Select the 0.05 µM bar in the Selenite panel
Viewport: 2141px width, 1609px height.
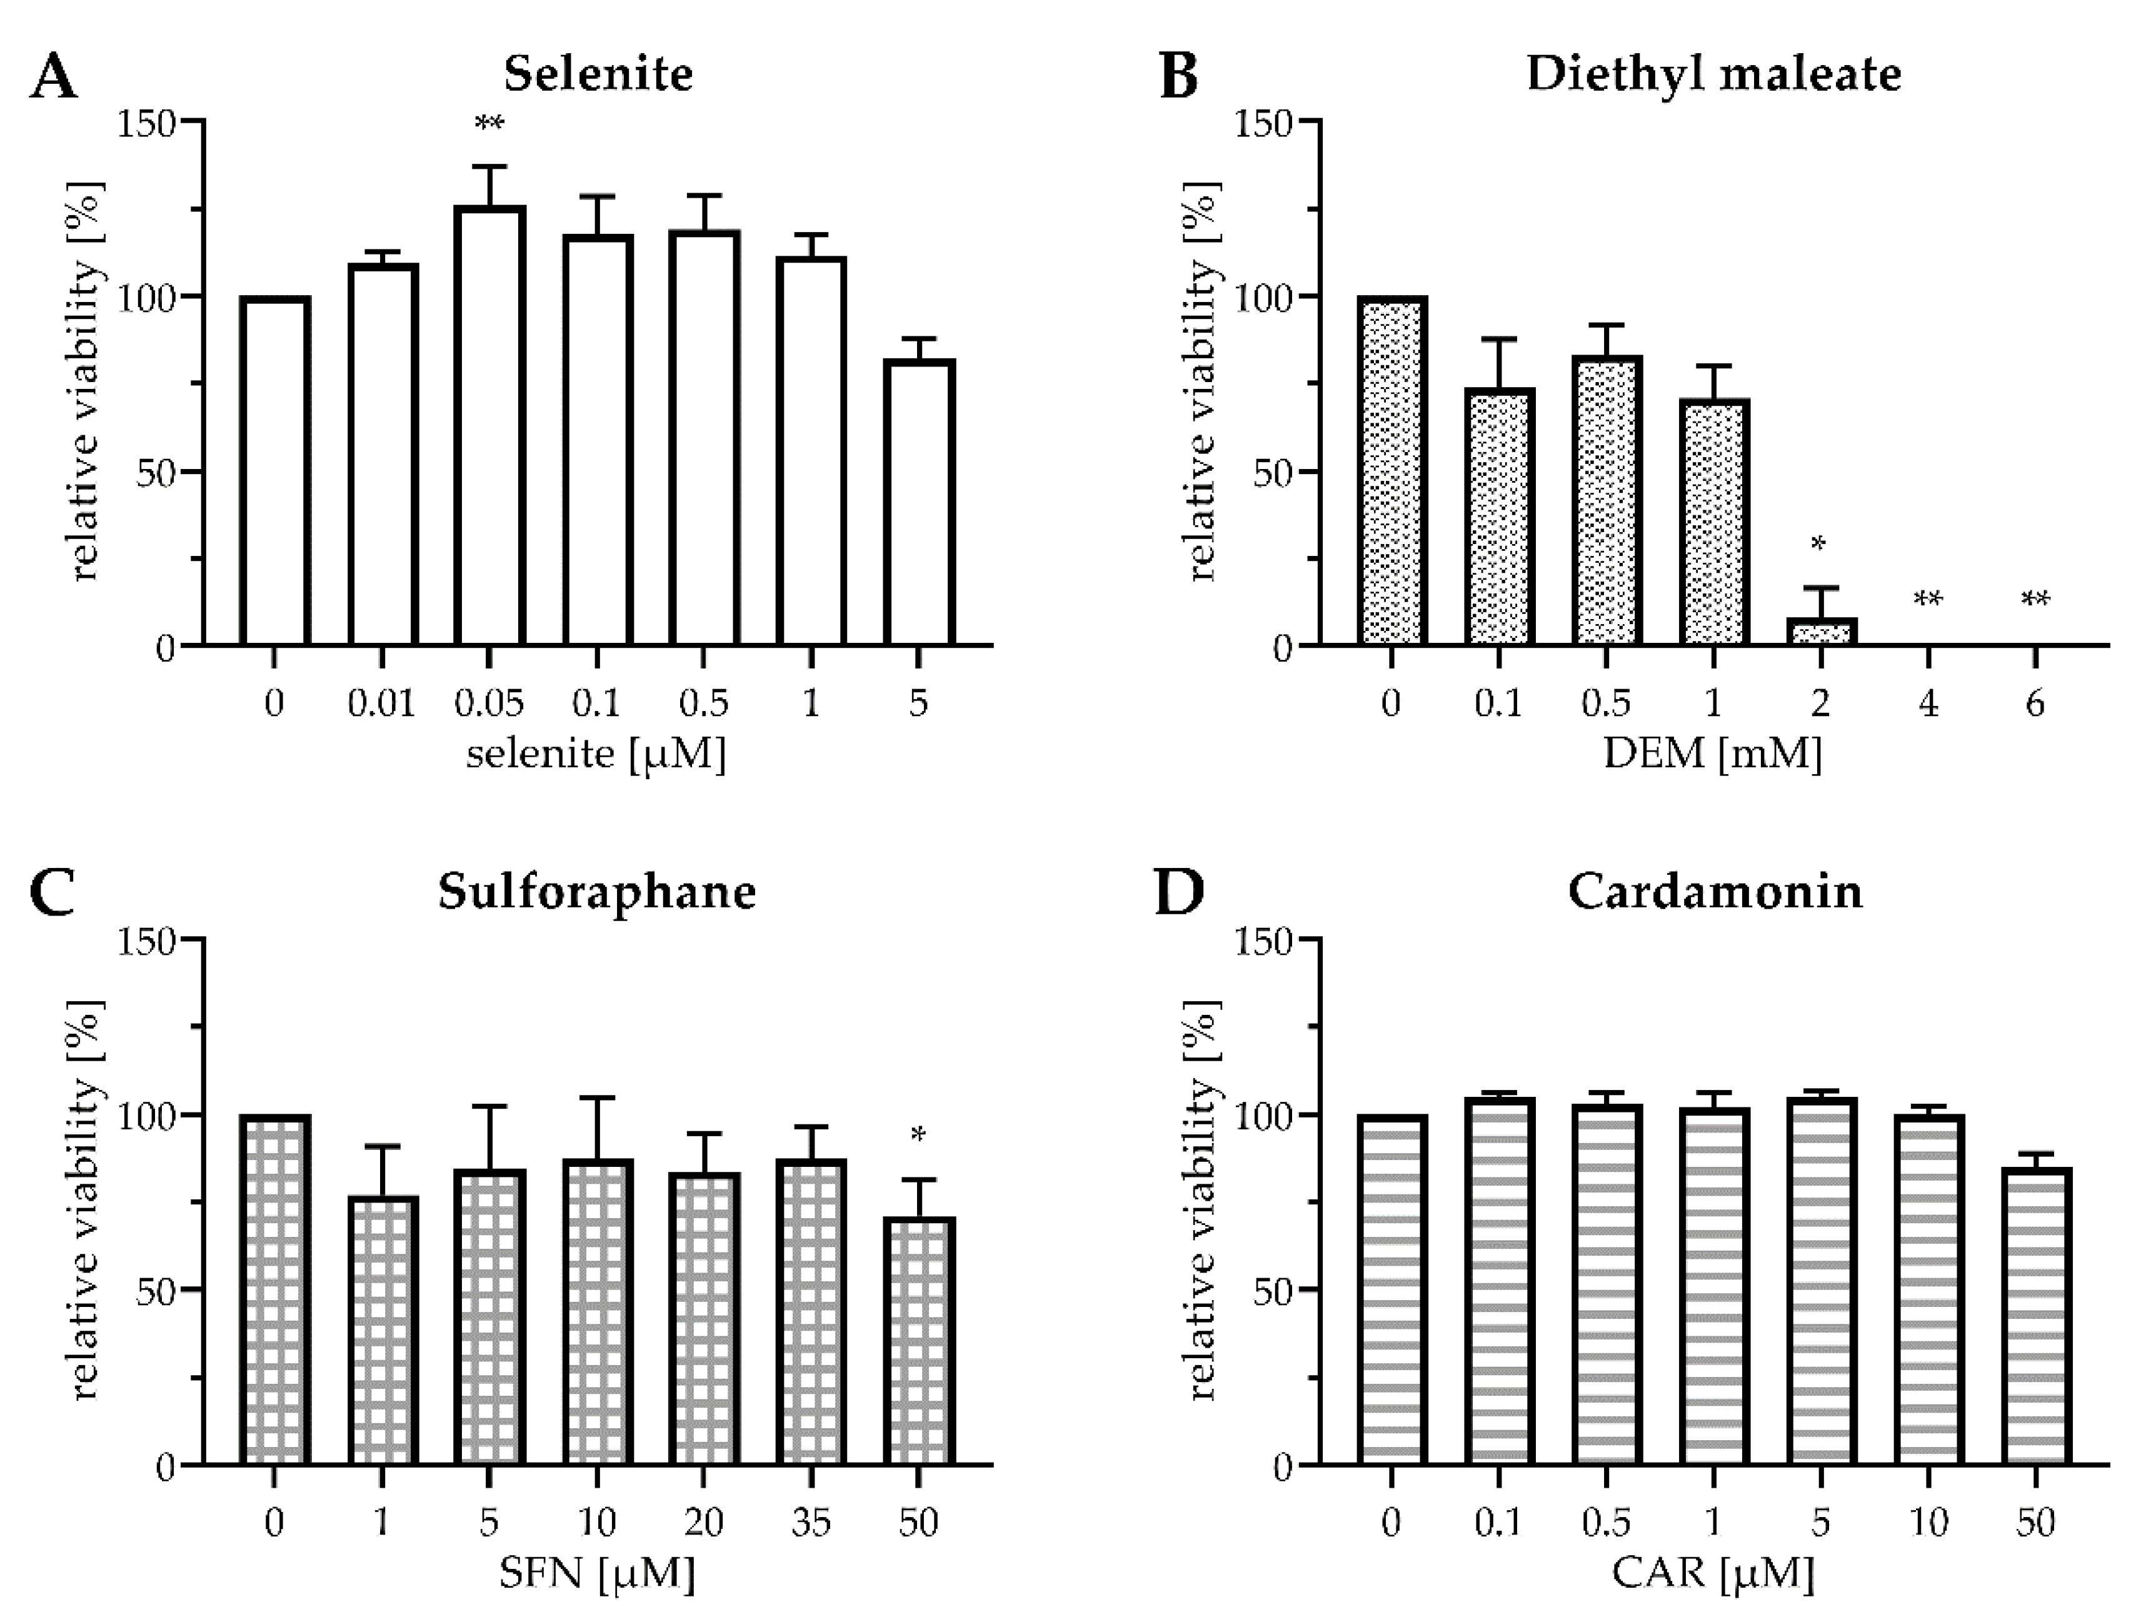(489, 426)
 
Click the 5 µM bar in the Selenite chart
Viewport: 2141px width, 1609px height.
(918, 503)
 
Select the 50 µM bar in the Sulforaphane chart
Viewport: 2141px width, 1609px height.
(918, 1341)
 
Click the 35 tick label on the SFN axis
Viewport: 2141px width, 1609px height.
(811, 1522)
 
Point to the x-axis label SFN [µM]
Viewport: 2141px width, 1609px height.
(597, 1572)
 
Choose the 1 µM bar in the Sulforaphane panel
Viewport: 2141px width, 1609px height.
(383, 1331)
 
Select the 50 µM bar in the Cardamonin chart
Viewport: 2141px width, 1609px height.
(2035, 1316)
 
